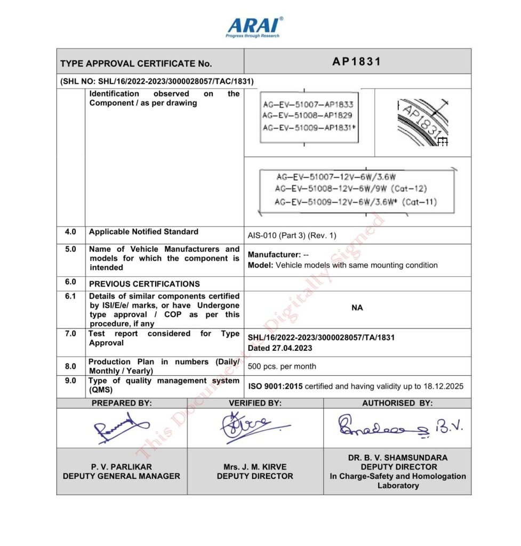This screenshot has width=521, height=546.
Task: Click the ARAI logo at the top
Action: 254,27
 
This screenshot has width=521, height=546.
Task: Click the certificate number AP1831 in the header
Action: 357,61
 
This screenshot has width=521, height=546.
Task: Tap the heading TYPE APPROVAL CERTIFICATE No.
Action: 136,63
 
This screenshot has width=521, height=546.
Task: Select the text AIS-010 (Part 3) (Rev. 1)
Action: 292,235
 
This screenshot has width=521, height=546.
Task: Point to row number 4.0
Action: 70,232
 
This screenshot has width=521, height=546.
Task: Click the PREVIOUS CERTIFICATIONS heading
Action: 144,284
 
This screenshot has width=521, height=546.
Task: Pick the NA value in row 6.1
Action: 357,308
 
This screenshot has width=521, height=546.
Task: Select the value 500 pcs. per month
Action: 282,366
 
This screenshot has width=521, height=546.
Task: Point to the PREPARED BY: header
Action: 122,404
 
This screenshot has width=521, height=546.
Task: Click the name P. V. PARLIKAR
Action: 122,467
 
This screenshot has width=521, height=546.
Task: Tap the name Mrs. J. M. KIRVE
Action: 255,467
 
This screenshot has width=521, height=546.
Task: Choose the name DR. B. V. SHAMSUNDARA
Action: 397,457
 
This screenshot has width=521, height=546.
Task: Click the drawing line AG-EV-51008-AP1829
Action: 308,115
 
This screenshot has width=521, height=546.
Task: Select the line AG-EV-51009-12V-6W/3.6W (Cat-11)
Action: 355,202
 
